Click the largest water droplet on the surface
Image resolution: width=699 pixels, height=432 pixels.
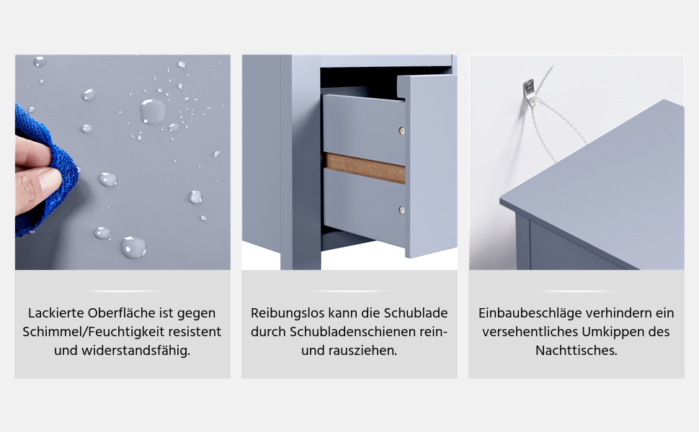153,112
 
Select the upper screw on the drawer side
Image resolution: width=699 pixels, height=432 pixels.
401,131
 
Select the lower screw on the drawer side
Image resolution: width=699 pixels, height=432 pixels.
401,210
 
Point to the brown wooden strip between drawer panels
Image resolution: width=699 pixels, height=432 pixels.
364,168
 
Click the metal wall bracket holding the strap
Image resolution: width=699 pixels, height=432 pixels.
529,92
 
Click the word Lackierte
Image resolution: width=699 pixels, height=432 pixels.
55,313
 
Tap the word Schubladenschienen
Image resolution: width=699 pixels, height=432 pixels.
355,332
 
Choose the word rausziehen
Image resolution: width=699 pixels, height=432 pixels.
362,351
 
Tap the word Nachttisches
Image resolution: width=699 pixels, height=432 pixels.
576,351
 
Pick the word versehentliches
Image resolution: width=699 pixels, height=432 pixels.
530,332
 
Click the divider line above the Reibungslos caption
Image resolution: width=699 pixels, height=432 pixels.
349,292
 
